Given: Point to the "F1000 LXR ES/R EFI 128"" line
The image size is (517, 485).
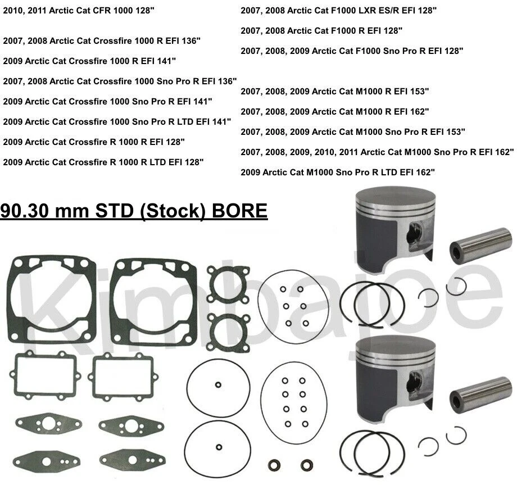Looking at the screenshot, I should [x=339, y=10].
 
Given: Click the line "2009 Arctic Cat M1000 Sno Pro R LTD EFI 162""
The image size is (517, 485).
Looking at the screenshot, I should [x=338, y=172].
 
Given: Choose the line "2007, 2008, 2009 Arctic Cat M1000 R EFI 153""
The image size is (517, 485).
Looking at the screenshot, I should [x=335, y=91].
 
